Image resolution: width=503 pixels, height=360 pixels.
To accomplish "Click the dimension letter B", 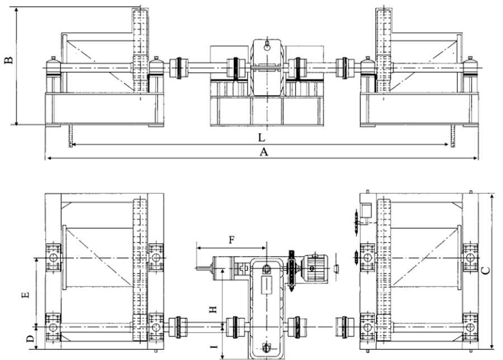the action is coord(9,60).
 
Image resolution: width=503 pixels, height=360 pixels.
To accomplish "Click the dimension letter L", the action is coord(262,138).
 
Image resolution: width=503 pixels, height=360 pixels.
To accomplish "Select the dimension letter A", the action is coord(263,151).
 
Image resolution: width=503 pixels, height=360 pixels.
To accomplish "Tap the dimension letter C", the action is coord(486,271).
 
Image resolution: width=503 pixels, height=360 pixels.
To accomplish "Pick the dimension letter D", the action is coord(30,338).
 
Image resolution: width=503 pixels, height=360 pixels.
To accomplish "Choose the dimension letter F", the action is coord(231,240).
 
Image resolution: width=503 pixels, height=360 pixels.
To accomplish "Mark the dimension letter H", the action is coord(213,309).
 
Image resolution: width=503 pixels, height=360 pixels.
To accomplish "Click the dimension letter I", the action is coord(214,346).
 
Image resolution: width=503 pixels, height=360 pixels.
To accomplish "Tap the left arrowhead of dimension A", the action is coord(48,158).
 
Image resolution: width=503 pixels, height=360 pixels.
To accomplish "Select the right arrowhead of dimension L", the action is coord(446,145).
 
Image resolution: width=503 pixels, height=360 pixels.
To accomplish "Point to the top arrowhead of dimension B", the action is coord(16,10).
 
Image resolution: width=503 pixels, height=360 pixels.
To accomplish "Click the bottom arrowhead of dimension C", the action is coord(492,345).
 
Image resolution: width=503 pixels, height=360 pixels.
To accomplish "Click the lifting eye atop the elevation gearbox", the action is coord(267,47).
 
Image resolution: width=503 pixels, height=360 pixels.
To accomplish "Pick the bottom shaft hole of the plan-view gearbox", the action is coord(266,348).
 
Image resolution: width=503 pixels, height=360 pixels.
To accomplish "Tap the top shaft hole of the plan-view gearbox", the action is coord(267,268).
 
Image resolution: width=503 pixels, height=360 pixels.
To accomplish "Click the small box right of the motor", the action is coord(336,268).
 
